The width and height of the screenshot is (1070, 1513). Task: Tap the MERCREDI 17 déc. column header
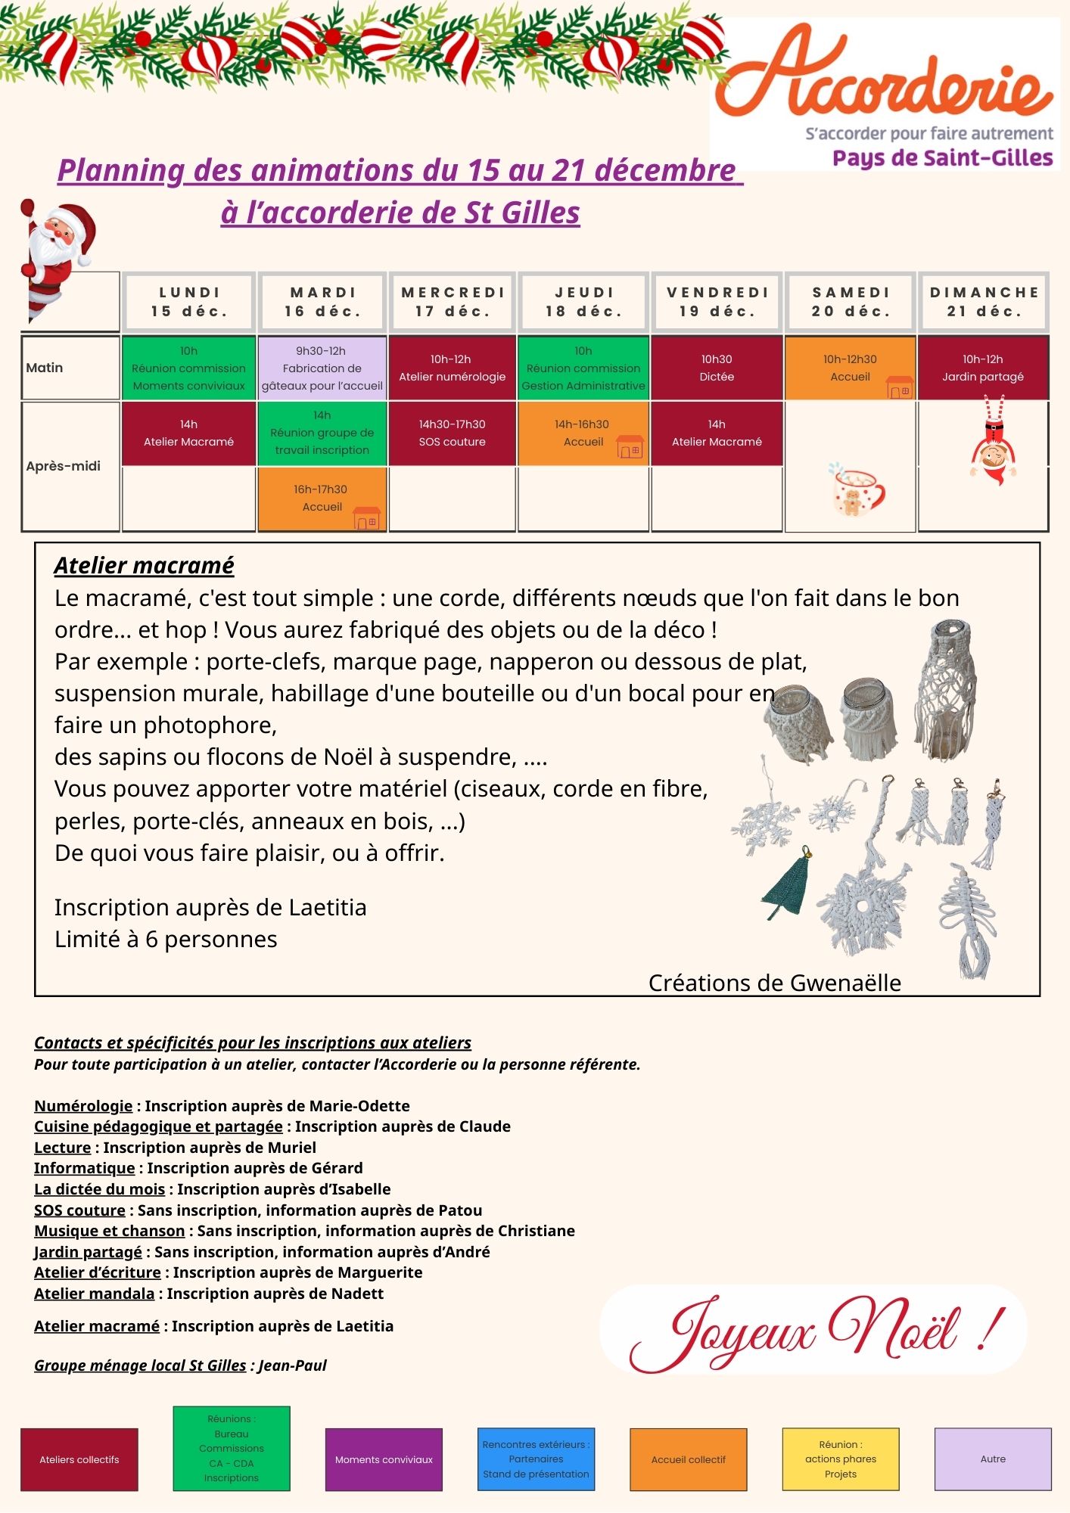pyautogui.click(x=453, y=302)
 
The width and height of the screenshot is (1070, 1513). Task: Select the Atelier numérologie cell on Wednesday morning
pyautogui.click(x=453, y=368)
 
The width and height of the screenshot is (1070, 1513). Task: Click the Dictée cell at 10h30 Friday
pyautogui.click(x=717, y=368)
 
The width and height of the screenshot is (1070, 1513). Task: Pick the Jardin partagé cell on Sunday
pyautogui.click(x=982, y=368)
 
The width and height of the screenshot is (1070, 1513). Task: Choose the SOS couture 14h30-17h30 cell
pyautogui.click(x=453, y=433)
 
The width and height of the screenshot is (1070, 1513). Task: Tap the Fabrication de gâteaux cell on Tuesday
pyautogui.click(x=322, y=368)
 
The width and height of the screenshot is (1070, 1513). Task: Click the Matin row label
pyautogui.click(x=45, y=368)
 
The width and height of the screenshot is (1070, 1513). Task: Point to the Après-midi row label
pyautogui.click(x=64, y=466)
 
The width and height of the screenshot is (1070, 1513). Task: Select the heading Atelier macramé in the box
pyautogui.click(x=144, y=566)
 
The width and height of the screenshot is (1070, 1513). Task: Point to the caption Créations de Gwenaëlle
pyautogui.click(x=774, y=983)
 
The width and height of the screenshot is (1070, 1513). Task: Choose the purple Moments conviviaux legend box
pyautogui.click(x=384, y=1459)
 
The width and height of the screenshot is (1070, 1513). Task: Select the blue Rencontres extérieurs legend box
pyautogui.click(x=536, y=1459)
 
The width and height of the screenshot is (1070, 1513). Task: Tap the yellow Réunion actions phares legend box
pyautogui.click(x=840, y=1459)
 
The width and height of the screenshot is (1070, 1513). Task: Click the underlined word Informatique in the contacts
pyautogui.click(x=85, y=1168)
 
